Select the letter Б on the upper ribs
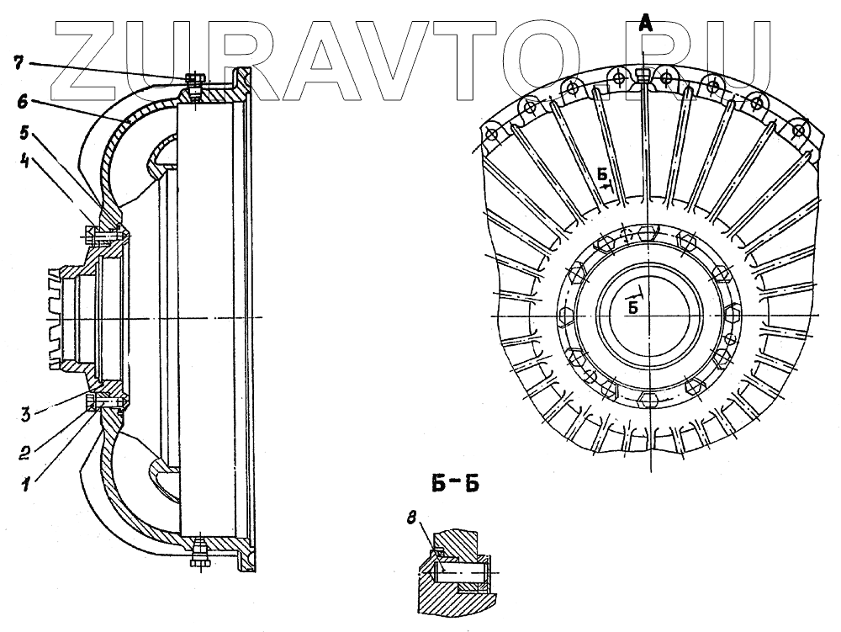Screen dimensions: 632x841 [602, 175]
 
